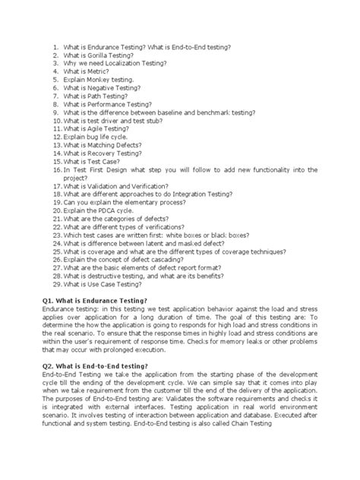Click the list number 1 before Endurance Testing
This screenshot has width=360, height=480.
tap(55, 47)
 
